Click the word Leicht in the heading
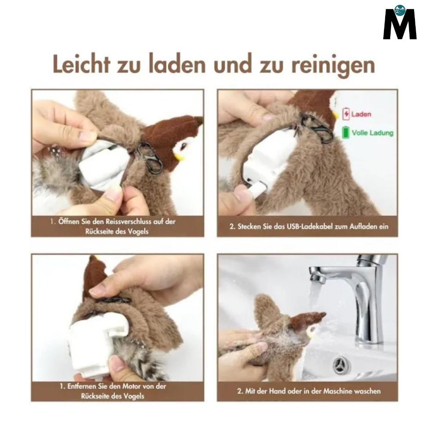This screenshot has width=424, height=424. click(x=80, y=65)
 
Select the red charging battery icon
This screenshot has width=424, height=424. click(x=346, y=114)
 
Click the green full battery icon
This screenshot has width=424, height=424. click(x=345, y=132)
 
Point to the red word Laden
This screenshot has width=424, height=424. click(x=361, y=114)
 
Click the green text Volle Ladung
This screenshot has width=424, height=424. click(x=372, y=133)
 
